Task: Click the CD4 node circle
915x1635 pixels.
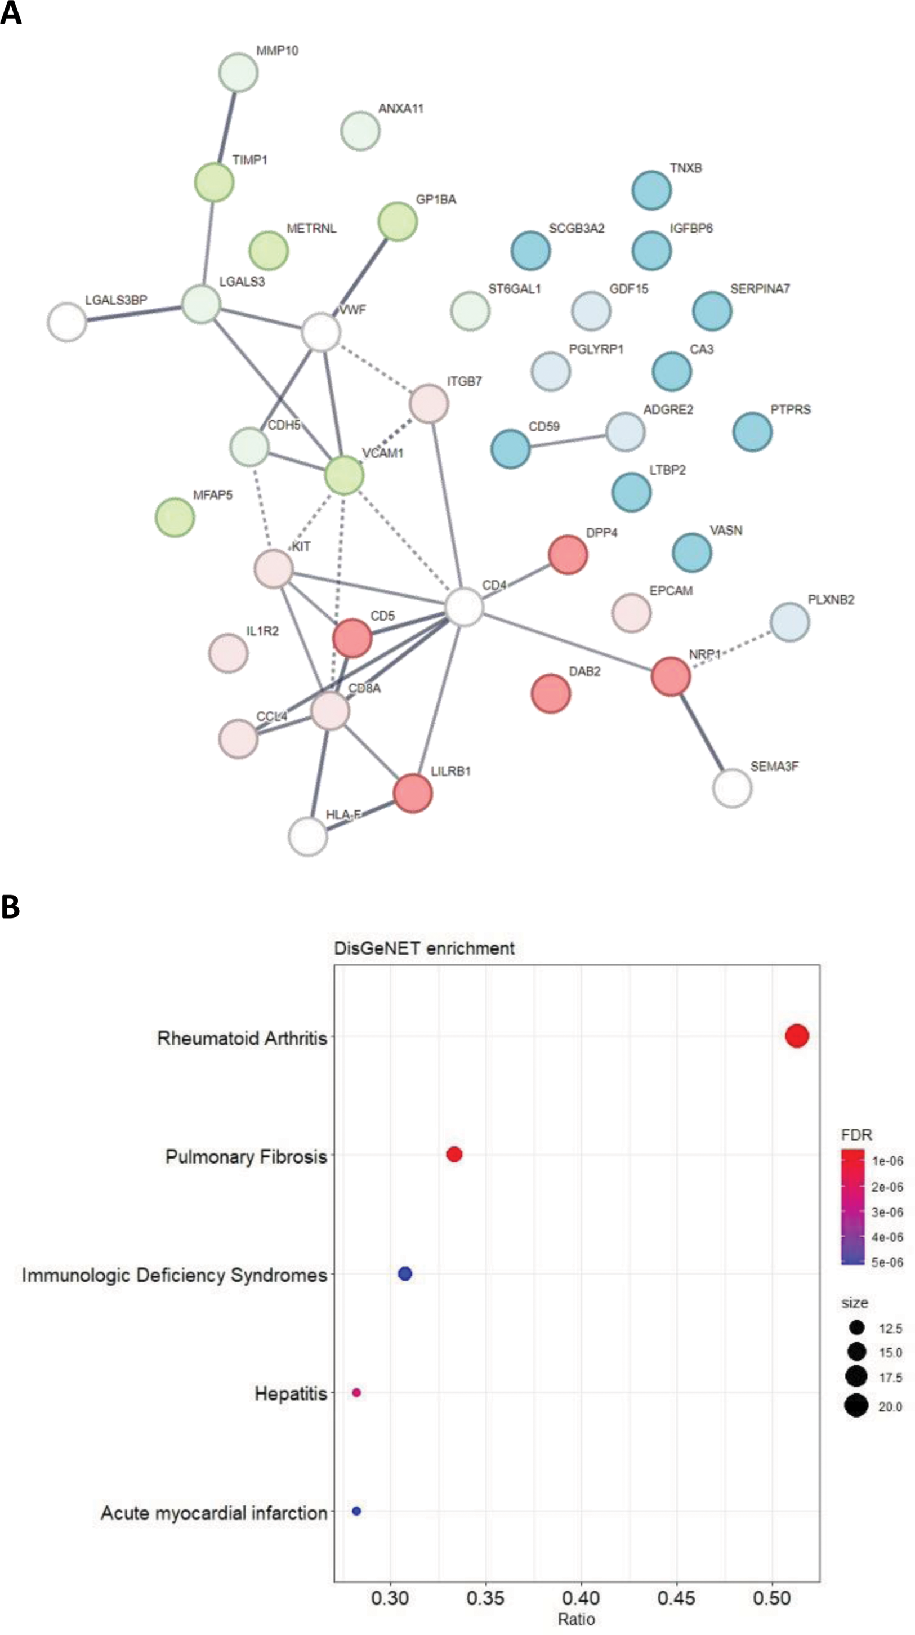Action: click(x=464, y=607)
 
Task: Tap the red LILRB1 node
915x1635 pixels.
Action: click(x=412, y=793)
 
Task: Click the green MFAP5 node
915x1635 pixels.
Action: click(x=175, y=517)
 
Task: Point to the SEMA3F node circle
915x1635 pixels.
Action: click(x=732, y=788)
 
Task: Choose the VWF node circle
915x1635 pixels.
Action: click(x=320, y=332)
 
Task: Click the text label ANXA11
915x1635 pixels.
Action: click(x=400, y=109)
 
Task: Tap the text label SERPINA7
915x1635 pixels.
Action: click(x=760, y=289)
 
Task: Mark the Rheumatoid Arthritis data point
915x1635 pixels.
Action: click(x=797, y=1035)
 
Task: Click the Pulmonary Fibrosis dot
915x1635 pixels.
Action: click(x=454, y=1154)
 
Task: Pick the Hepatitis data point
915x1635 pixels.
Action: click(x=356, y=1393)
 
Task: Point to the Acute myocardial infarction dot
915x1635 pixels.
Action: click(x=356, y=1511)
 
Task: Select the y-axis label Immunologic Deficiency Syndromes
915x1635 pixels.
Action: click(x=175, y=1275)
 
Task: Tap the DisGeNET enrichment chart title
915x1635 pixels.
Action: click(x=424, y=948)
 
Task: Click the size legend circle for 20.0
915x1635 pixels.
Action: click(x=856, y=1406)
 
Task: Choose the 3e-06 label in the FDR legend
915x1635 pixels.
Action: click(x=886, y=1211)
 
